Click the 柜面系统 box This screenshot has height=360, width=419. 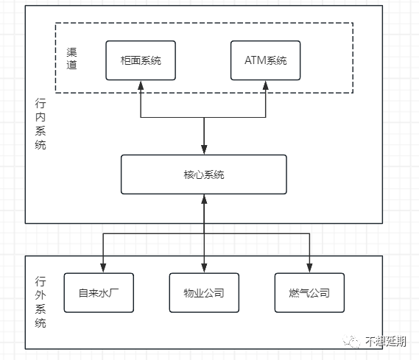pyautogui.click(x=141, y=60)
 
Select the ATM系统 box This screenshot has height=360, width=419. pyautogui.click(x=265, y=60)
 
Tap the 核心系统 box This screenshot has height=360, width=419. pyautogui.click(x=204, y=174)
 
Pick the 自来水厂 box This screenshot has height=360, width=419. pyautogui.click(x=99, y=293)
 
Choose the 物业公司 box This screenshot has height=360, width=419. pyautogui.click(x=204, y=293)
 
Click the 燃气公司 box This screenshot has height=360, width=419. pyautogui.click(x=309, y=293)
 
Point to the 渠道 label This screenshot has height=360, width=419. pyautogui.click(x=71, y=58)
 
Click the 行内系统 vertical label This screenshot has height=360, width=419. pyautogui.click(x=41, y=124)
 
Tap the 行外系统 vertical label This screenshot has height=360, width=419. pyautogui.click(x=41, y=302)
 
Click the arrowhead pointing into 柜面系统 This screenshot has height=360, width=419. pyautogui.click(x=141, y=85)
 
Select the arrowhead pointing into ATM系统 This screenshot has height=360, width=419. pyautogui.click(x=265, y=85)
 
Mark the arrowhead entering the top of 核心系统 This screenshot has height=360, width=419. pyautogui.click(x=204, y=150)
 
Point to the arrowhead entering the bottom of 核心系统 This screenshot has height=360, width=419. pyautogui.click(x=204, y=200)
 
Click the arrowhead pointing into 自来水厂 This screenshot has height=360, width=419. pyautogui.click(x=103, y=268)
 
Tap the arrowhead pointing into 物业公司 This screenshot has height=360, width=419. pyautogui.click(x=204, y=268)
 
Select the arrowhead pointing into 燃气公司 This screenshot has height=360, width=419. pyautogui.click(x=309, y=268)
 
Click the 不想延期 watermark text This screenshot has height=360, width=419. pyautogui.click(x=386, y=341)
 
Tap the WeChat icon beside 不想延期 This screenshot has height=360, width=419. pyautogui.click(x=352, y=342)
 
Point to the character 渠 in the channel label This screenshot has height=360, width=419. pyautogui.click(x=71, y=52)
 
